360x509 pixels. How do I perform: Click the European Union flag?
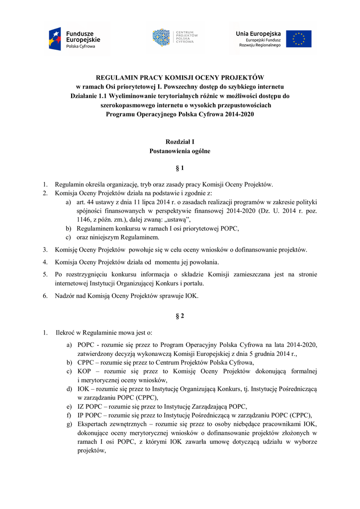[298, 39]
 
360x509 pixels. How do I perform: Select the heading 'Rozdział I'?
[180, 142]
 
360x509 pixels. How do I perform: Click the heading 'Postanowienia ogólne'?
[180, 151]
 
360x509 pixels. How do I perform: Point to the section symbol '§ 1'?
[180, 169]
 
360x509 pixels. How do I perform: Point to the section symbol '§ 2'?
[180, 315]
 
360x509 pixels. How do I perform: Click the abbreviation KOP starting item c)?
[85, 371]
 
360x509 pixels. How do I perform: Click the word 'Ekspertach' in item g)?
[94, 424]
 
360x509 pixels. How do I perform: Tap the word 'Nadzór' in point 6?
[65, 296]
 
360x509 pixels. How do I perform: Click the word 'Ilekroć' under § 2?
[66, 332]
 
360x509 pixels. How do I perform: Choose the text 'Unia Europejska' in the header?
[258, 33]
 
